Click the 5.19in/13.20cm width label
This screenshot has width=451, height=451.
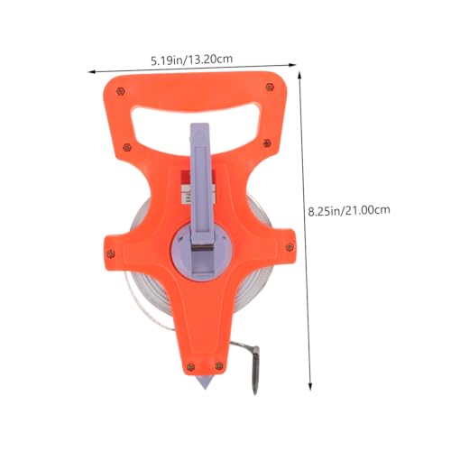point(192,60)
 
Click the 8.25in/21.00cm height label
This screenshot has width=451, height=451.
point(349,210)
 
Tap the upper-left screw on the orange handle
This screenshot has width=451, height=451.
point(120,91)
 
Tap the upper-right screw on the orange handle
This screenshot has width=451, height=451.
point(270,87)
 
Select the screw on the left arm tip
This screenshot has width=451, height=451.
point(111,253)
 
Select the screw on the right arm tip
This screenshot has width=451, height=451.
point(290,247)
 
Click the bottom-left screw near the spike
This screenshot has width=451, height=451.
point(190,366)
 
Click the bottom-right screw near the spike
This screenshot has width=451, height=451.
point(219,365)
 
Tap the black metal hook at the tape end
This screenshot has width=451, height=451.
point(254,368)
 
